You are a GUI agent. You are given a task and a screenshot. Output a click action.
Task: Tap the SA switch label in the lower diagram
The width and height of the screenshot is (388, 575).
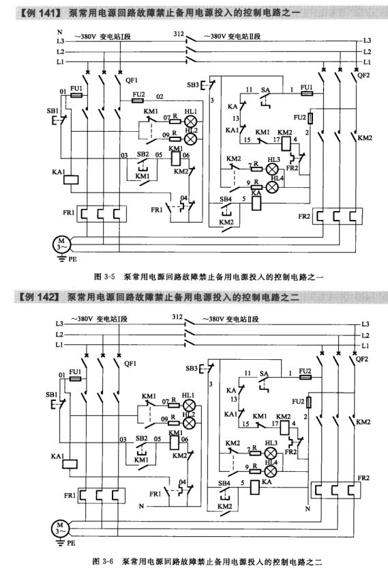[x=263, y=372]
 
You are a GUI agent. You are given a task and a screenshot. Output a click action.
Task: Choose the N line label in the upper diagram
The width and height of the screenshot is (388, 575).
[x=59, y=32]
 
